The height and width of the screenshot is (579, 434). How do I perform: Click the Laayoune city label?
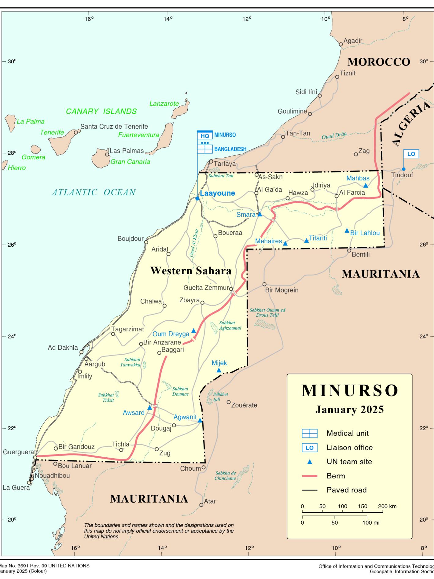pos(217,193)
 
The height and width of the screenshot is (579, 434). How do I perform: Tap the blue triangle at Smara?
pos(260,215)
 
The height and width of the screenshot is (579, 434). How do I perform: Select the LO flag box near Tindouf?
pos(411,154)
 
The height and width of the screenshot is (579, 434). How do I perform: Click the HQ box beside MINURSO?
pos(205,135)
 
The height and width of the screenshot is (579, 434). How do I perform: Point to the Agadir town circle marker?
pos(341,44)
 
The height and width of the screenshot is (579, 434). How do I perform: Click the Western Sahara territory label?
pos(191,271)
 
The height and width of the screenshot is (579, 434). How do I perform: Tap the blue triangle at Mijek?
pos(219,371)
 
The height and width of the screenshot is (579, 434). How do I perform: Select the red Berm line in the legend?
pos(310,476)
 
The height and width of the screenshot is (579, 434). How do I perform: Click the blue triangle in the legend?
pos(310,462)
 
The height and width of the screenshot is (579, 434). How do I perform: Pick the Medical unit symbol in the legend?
pos(310,433)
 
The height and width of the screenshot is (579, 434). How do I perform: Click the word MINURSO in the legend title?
pos(350,391)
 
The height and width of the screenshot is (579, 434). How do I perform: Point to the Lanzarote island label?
pos(164,104)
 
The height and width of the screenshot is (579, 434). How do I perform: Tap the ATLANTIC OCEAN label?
pos(94,192)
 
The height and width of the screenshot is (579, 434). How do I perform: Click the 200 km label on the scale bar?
pos(387,506)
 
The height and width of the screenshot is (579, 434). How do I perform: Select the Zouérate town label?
pos(244,405)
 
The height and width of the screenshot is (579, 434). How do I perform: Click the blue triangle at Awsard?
pos(149,408)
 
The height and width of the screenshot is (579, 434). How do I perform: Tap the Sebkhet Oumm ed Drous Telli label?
pos(267,312)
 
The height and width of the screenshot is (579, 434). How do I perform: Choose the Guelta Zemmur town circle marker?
pos(231,289)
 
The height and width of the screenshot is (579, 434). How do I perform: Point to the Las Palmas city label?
pos(127,151)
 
